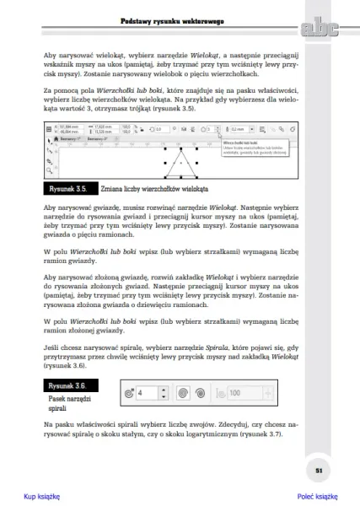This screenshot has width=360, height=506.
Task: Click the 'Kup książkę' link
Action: click(x=41, y=497)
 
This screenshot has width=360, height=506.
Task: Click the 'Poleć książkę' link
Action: click(x=317, y=497)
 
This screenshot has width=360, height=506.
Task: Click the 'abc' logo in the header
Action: click(x=317, y=30)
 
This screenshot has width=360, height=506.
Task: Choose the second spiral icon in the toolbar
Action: click(x=199, y=393)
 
